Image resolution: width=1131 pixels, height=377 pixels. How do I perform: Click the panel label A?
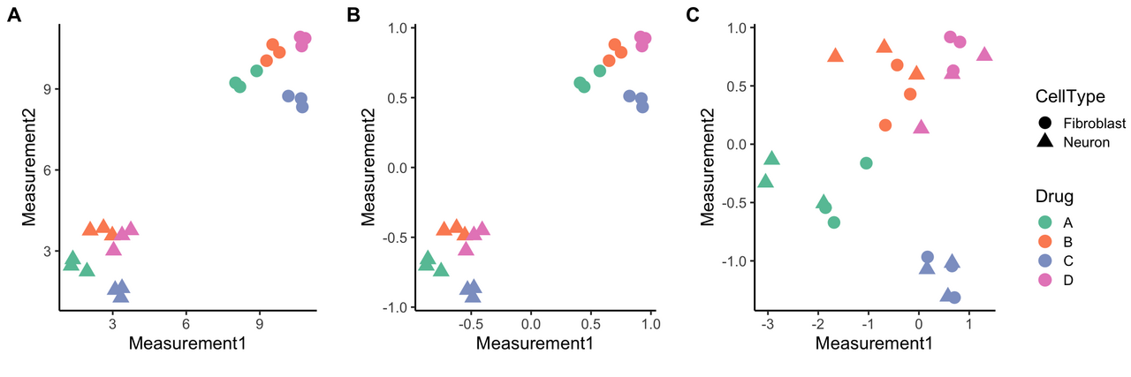pos(15,15)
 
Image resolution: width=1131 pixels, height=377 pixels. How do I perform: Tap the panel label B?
pos(354,15)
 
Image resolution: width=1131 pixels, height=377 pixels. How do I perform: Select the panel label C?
pos(694,15)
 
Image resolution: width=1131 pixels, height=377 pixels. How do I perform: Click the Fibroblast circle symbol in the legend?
pos(1045,123)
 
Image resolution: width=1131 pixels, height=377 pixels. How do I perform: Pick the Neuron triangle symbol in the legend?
pos(1045,141)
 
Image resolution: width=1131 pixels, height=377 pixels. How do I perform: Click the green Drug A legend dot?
pos(1045,222)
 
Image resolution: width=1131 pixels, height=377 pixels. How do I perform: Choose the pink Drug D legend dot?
pos(1045,280)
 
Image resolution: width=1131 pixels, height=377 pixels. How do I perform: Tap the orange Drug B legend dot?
pos(1045,242)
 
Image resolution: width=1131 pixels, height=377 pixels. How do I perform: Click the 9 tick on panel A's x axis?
pos(259,324)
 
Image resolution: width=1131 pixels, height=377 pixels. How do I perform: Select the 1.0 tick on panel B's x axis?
pos(649,324)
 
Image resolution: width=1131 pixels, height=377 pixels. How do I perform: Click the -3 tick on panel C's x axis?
pos(768,324)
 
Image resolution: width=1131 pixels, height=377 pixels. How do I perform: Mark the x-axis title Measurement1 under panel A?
pos(186,343)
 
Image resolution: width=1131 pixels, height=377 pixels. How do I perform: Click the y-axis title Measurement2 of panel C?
pos(708,168)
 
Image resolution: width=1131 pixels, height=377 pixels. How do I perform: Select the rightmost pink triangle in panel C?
pos(984,55)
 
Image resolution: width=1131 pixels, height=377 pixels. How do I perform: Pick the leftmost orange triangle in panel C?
pos(835,56)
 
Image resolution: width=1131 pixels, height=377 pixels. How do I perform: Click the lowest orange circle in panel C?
pos(885,125)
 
